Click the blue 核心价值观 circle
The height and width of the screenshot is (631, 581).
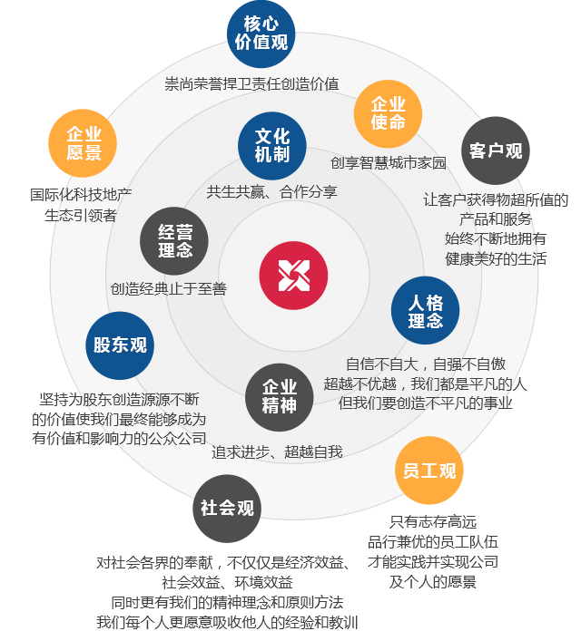pyautogui.click(x=261, y=34)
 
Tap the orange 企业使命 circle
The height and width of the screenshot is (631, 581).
pyautogui.click(x=388, y=113)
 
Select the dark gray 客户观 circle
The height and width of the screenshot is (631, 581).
pyautogui.click(x=496, y=150)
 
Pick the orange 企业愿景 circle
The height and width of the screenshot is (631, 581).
pyautogui.click(x=84, y=143)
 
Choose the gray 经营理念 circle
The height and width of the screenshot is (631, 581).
pyautogui.click(x=174, y=241)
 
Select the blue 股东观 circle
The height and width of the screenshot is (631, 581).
pyautogui.click(x=120, y=345)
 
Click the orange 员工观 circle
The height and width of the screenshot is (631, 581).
pyautogui.click(x=428, y=471)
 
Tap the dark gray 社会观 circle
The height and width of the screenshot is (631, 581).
pyautogui.click(x=227, y=508)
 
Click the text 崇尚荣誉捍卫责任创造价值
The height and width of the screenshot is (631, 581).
pyautogui.click(x=251, y=84)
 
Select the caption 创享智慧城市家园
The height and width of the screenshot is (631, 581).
pyautogui.click(x=388, y=164)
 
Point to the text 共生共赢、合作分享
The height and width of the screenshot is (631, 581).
pyautogui.click(x=271, y=192)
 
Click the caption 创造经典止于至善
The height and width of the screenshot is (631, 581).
pyautogui.click(x=169, y=289)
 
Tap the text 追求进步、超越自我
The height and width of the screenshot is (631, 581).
pyautogui.click(x=277, y=451)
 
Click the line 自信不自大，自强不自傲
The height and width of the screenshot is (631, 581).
pyautogui.click(x=425, y=364)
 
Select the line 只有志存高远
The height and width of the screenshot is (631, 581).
pyautogui.click(x=432, y=521)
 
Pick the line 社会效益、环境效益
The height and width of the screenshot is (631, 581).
pyautogui.click(x=227, y=582)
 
